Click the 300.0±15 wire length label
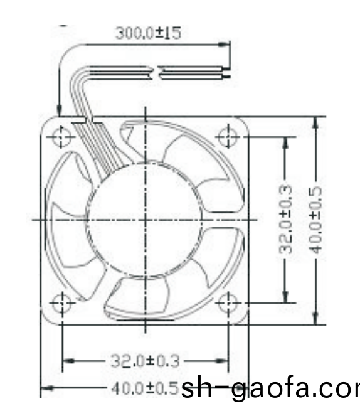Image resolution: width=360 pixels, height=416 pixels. [148, 33]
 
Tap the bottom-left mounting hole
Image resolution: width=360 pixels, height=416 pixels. [62, 303]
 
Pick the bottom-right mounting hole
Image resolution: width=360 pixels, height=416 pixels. [226, 303]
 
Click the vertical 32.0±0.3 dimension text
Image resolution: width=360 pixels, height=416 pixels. [285, 219]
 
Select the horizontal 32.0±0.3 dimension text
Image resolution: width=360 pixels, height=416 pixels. [146, 361]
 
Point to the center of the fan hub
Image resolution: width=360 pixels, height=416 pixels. [146, 219]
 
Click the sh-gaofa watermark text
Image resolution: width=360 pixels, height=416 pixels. [270, 390]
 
